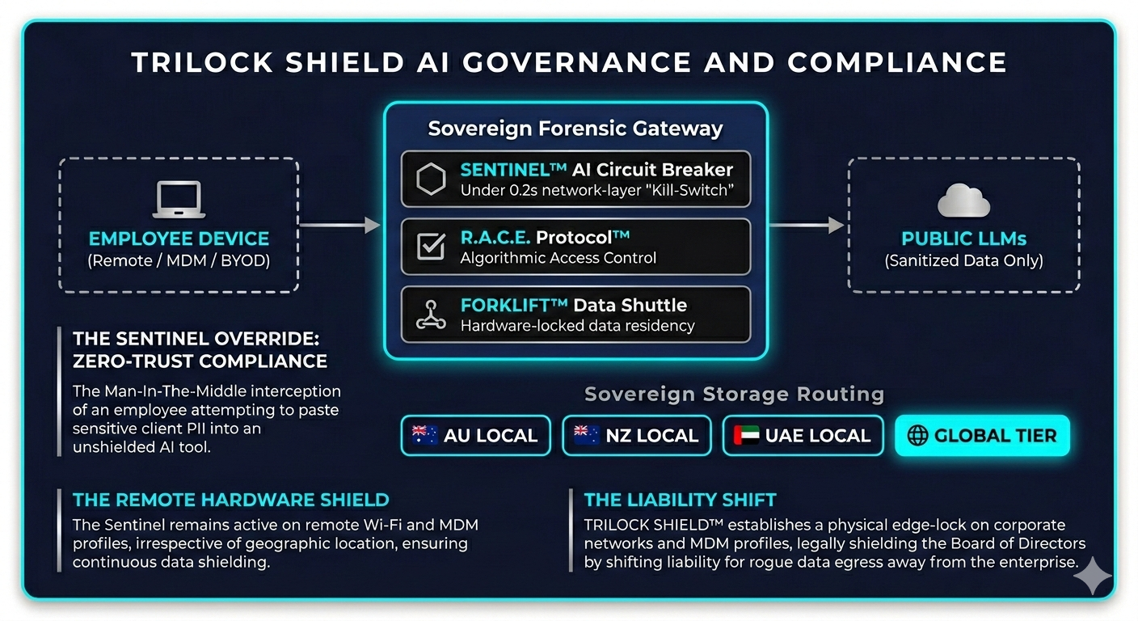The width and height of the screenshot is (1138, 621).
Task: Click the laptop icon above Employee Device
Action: pyautogui.click(x=179, y=200)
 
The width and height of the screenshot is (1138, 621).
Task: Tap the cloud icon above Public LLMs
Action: pyautogui.click(x=963, y=201)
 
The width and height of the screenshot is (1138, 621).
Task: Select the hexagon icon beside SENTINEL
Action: pyautogui.click(x=431, y=180)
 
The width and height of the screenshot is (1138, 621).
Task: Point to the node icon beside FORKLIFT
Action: pyautogui.click(x=431, y=315)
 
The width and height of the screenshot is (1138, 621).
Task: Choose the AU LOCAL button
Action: pyautogui.click(x=475, y=436)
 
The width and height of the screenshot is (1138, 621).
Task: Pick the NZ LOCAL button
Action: pyautogui.click(x=636, y=436)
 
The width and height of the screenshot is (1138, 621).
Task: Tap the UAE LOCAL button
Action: pyautogui.click(x=803, y=436)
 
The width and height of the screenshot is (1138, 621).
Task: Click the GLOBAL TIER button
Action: pyautogui.click(x=982, y=436)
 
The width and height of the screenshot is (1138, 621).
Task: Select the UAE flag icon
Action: pyautogui.click(x=747, y=436)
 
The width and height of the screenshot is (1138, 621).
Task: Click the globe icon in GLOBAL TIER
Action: pyautogui.click(x=917, y=436)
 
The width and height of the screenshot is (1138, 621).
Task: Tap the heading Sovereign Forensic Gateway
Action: pyautogui.click(x=575, y=129)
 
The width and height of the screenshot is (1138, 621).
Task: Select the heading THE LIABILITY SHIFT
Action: pyautogui.click(x=680, y=500)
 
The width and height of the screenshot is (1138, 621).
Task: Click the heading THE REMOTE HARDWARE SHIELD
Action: pyautogui.click(x=230, y=500)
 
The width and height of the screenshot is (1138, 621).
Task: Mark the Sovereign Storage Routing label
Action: pyautogui.click(x=734, y=395)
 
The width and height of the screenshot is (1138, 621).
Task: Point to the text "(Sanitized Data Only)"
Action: pyautogui.click(x=963, y=261)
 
